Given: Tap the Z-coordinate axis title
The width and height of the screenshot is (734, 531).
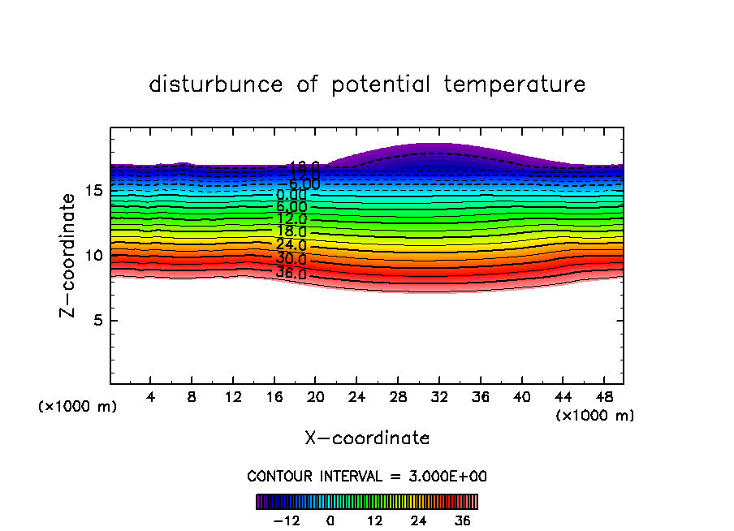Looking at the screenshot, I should (x=72, y=255).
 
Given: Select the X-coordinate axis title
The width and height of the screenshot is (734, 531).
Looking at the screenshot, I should (x=367, y=438).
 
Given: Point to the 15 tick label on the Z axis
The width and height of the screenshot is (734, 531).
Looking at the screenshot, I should (x=94, y=190).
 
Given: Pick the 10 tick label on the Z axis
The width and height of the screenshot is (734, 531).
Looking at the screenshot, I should (x=94, y=255).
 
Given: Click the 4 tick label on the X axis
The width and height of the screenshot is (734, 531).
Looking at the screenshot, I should (x=151, y=398).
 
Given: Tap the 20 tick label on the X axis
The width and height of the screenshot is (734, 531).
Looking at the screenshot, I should (x=316, y=398).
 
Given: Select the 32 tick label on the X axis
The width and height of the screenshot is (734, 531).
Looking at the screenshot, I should (x=439, y=398).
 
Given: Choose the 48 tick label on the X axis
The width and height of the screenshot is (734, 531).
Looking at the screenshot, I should (x=603, y=398).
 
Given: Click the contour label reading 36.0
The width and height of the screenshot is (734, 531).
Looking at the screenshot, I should (x=291, y=273).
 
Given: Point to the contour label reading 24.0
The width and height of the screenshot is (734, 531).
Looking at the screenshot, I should (x=291, y=244).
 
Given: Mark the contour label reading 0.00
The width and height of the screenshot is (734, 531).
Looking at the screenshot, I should (x=291, y=195).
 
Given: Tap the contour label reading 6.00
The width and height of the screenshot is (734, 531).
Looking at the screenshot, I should (x=291, y=207).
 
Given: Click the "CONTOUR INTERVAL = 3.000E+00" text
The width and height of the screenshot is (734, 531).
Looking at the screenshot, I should (x=367, y=476).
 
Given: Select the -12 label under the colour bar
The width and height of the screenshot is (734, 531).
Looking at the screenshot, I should (x=287, y=520).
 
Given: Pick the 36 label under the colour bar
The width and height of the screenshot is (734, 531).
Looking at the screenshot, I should (x=462, y=520).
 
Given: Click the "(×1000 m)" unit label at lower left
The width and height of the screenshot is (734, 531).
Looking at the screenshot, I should (x=78, y=407).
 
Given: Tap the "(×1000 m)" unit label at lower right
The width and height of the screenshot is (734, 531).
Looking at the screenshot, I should (x=595, y=415).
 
